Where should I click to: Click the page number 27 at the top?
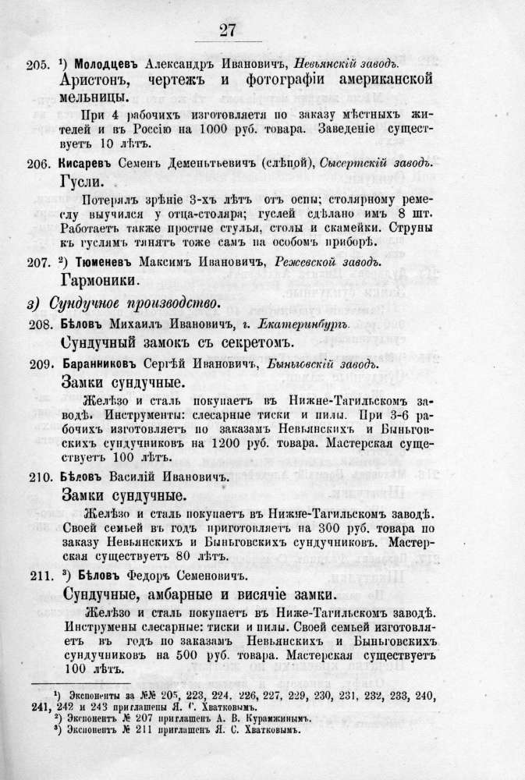[x=228, y=30]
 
